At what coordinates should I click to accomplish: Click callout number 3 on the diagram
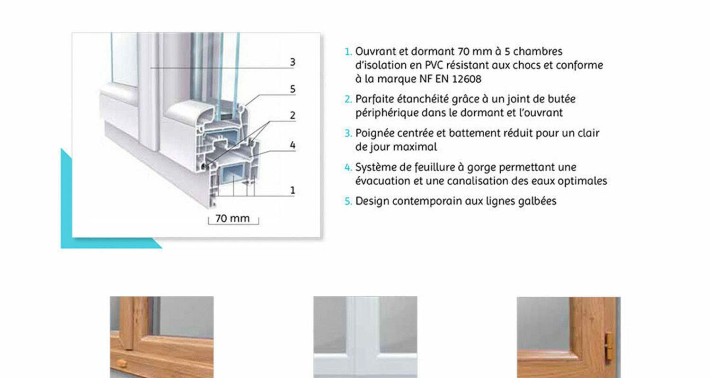[293, 62]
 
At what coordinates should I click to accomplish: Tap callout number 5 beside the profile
[293, 89]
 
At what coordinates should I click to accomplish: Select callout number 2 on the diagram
[293, 115]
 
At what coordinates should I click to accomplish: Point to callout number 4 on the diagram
[293, 145]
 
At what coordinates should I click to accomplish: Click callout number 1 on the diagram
[293, 190]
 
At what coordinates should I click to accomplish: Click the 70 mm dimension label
[232, 219]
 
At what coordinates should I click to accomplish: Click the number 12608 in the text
[466, 79]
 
